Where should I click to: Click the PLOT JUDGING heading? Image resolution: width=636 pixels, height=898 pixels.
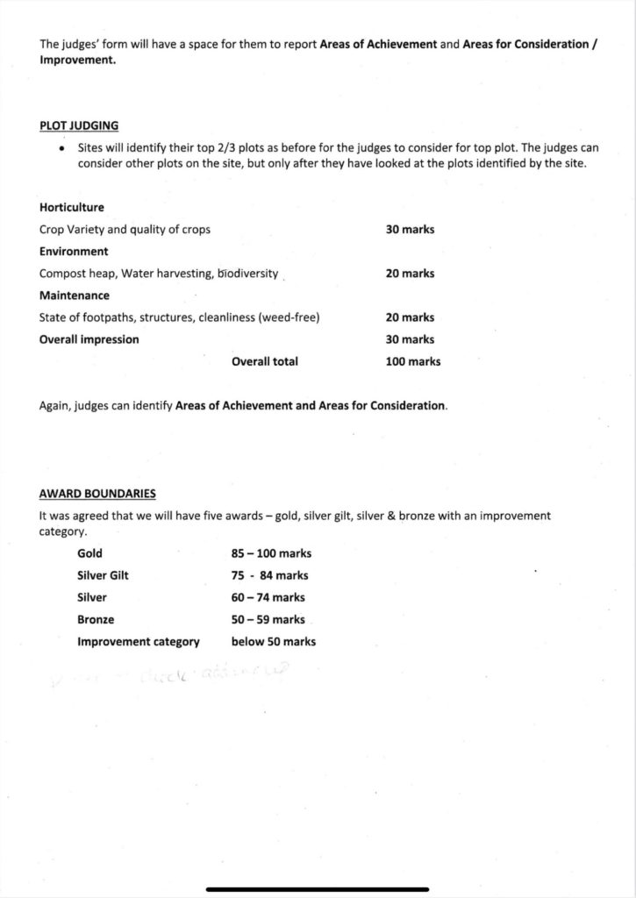pyautogui.click(x=79, y=126)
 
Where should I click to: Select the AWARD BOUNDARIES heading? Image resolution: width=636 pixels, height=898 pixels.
pyautogui.click(x=97, y=494)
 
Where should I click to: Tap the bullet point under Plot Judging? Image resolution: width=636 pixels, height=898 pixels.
pyautogui.click(x=61, y=149)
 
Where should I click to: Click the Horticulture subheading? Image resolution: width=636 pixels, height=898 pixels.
pyautogui.click(x=72, y=208)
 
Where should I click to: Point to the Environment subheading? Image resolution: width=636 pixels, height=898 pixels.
pyautogui.click(x=74, y=252)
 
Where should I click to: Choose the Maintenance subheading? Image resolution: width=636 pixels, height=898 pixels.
pyautogui.click(x=75, y=296)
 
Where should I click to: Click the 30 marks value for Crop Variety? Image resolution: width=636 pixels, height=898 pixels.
pyautogui.click(x=410, y=230)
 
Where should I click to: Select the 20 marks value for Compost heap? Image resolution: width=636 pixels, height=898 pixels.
pyautogui.click(x=410, y=274)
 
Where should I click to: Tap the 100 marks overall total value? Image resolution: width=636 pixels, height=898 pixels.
pyautogui.click(x=412, y=361)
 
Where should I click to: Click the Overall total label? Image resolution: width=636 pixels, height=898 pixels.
pyautogui.click(x=264, y=361)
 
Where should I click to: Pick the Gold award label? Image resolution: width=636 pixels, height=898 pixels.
pyautogui.click(x=89, y=553)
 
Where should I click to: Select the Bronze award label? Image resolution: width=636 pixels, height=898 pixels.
pyautogui.click(x=96, y=619)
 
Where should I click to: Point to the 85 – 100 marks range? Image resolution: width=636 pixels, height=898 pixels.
pyautogui.click(x=271, y=553)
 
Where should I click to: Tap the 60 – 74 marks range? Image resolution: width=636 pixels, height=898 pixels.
pyautogui.click(x=268, y=597)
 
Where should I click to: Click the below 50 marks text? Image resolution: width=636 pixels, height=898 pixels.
pyautogui.click(x=273, y=641)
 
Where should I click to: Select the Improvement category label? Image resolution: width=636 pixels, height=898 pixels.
pyautogui.click(x=138, y=641)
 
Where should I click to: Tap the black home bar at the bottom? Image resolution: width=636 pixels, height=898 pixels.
pyautogui.click(x=318, y=889)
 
